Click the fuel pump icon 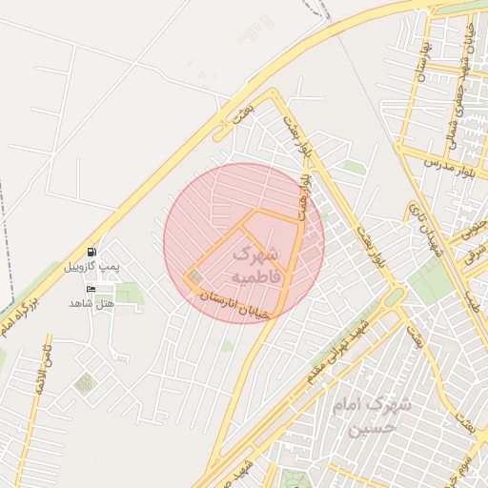pos(91,253)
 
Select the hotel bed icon pos(91,289)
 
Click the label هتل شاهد pos(91,303)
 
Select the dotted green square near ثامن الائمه pos(85,384)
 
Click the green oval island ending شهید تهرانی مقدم pos(392,297)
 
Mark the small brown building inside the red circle pos(195,277)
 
